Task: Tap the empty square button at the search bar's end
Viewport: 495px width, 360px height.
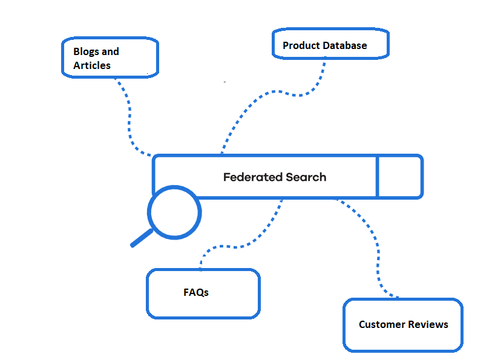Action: [x=399, y=177]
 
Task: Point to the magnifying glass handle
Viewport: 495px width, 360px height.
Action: [x=142, y=238]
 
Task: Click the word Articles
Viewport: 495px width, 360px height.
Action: [x=92, y=65]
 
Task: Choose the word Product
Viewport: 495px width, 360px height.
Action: [x=301, y=46]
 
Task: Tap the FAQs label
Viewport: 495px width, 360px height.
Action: [x=196, y=292]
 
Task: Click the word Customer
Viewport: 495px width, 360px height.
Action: [x=381, y=325]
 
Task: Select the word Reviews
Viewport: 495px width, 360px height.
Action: [x=427, y=325]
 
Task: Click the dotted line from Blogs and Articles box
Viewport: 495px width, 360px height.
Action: [x=129, y=121]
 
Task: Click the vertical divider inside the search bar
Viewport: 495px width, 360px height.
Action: [x=377, y=177]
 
